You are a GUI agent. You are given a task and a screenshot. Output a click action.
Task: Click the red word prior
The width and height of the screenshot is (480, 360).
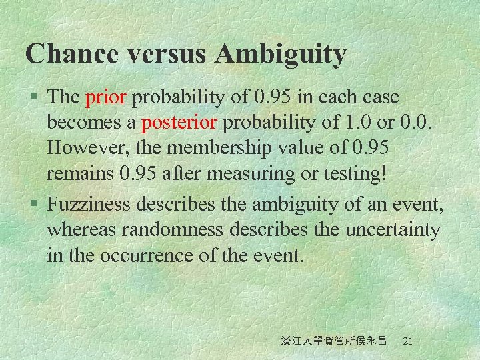pyautogui.click(x=106, y=98)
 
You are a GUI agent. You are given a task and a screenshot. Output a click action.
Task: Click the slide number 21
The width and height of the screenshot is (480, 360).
pyautogui.click(x=409, y=341)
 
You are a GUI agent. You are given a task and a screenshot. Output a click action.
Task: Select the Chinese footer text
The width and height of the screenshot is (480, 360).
pyautogui.click(x=334, y=341)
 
